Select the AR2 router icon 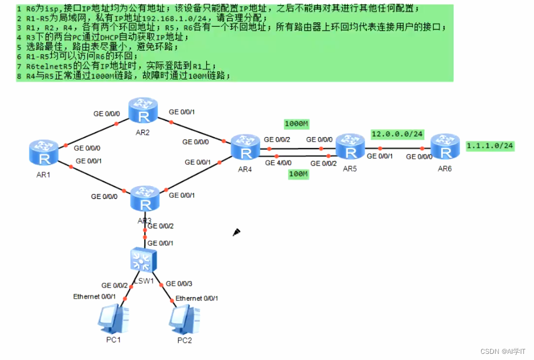[144, 111]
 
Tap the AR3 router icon [146, 199]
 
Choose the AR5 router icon [350, 147]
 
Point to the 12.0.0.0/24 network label [398, 134]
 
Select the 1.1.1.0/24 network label [489, 145]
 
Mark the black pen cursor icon [236, 232]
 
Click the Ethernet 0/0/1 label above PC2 [197, 298]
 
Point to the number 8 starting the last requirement [19, 76]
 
